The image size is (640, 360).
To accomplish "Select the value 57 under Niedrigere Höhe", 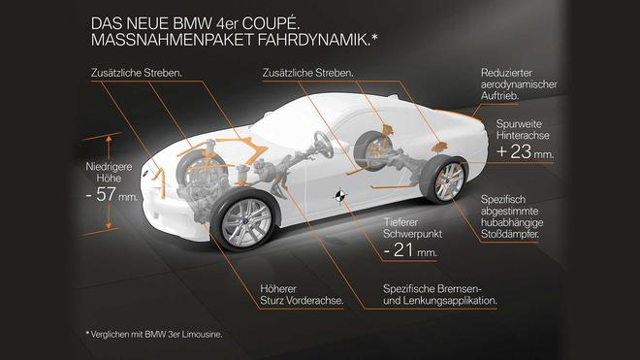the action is pyautogui.click(x=106, y=194).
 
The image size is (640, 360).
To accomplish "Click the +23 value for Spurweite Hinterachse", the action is pyautogui.click(x=514, y=151).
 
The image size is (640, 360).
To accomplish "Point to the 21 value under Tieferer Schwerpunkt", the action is pyautogui.click(x=402, y=249).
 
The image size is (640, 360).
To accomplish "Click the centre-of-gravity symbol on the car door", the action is pyautogui.click(x=339, y=196).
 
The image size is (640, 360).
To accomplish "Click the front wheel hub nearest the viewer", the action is pyautogui.click(x=246, y=222).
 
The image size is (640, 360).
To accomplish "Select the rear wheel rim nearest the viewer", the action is pyautogui.click(x=449, y=181).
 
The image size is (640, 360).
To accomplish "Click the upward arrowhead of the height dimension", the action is pyautogui.click(x=109, y=139).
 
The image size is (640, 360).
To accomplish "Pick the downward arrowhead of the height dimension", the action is pyautogui.click(x=109, y=225).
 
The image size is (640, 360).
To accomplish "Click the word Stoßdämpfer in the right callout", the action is pyautogui.click(x=510, y=235).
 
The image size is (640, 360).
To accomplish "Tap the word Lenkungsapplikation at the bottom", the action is pyautogui.click(x=450, y=301).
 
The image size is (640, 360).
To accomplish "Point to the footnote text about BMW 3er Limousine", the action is pyautogui.click(x=154, y=334).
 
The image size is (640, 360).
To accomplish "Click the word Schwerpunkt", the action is pyautogui.click(x=413, y=234).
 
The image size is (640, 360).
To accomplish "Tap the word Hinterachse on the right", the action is pyautogui.click(x=523, y=135).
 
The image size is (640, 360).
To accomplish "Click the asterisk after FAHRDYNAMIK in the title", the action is pyautogui.click(x=374, y=37).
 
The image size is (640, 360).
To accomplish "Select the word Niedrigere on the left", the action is pyautogui.click(x=109, y=167).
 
